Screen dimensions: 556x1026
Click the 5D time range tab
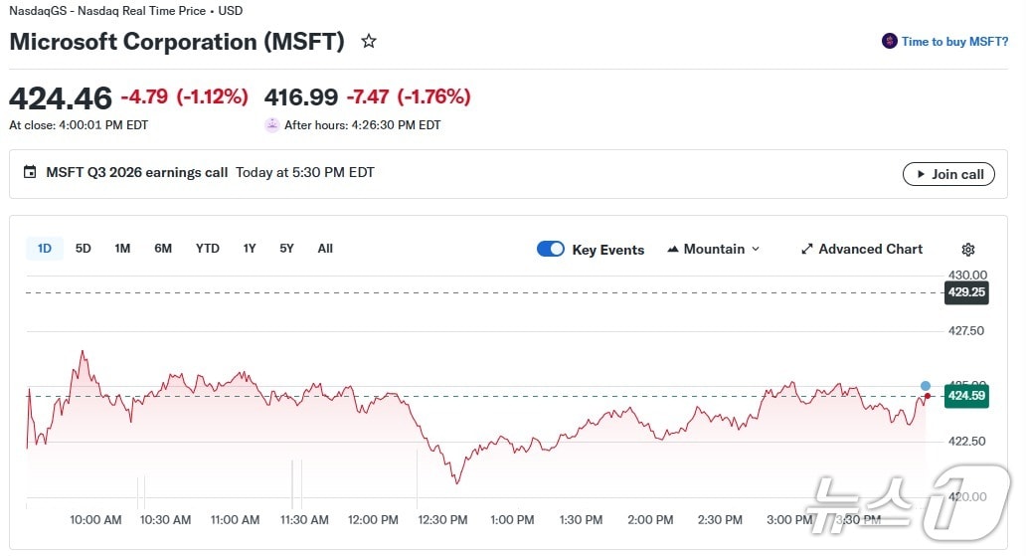click(84, 249)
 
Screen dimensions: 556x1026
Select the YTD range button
click(207, 249)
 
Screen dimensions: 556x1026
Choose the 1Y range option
click(250, 249)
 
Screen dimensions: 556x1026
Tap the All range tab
click(325, 249)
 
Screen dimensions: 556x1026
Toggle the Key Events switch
click(551, 249)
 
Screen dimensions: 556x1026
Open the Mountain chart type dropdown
click(713, 249)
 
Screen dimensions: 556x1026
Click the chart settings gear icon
click(968, 250)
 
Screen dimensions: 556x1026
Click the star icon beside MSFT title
click(369, 42)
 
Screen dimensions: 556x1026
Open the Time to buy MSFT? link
click(953, 42)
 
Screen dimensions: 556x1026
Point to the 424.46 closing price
click(61, 98)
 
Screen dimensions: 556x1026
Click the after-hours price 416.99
click(301, 97)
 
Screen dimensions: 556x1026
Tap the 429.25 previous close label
click(966, 292)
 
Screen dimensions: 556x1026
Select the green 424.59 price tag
click(966, 396)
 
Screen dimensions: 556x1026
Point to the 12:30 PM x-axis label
click(442, 520)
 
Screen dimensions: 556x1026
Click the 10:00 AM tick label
click(95, 520)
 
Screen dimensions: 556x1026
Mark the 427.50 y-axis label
click(966, 330)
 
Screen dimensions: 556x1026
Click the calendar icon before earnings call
click(30, 172)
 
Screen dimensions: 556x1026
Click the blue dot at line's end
click(926, 386)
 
